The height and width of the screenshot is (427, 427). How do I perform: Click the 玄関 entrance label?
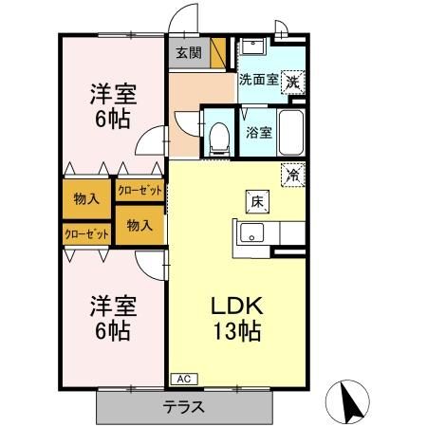click(x=188, y=53)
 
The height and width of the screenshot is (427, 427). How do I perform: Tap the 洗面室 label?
click(x=258, y=81)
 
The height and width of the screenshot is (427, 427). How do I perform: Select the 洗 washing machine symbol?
click(x=295, y=83)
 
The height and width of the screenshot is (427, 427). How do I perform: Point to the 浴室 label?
click(x=260, y=132)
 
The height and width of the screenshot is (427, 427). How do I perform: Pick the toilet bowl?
click(x=220, y=138)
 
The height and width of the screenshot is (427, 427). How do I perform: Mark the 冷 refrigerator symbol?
click(x=295, y=175)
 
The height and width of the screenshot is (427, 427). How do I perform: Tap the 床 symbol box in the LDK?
click(x=256, y=200)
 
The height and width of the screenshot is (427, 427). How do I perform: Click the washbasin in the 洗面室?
click(x=251, y=48)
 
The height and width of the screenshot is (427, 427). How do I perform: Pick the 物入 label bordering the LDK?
click(x=139, y=225)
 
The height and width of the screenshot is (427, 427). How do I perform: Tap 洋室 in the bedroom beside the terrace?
click(x=113, y=307)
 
